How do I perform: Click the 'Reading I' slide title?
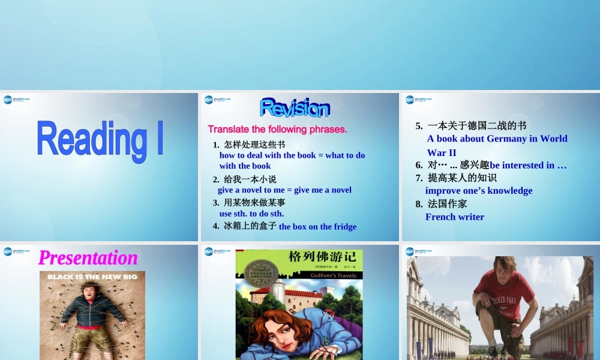100,139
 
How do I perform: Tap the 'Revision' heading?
295,108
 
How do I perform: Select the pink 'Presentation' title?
88,257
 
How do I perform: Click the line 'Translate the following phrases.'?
277,129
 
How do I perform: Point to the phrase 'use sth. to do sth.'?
251,213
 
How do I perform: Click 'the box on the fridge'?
317,226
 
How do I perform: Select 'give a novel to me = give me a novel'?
284,190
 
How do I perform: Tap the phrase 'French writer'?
455,217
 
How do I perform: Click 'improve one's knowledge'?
479,190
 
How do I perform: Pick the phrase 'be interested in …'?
528,165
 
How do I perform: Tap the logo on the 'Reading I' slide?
16,100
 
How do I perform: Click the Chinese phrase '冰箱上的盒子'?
250,226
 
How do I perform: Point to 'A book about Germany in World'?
497,139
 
